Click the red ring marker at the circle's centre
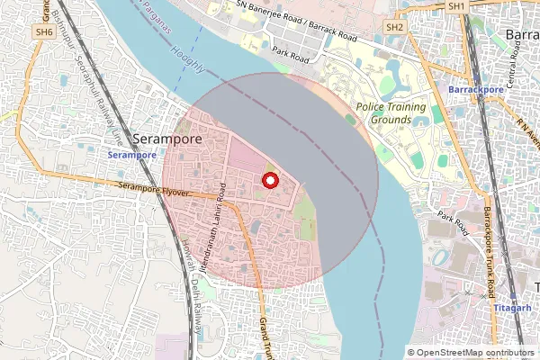pos(267,181)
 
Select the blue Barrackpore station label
pos(477,90)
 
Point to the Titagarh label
pos(511,308)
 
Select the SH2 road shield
pos(394,28)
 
